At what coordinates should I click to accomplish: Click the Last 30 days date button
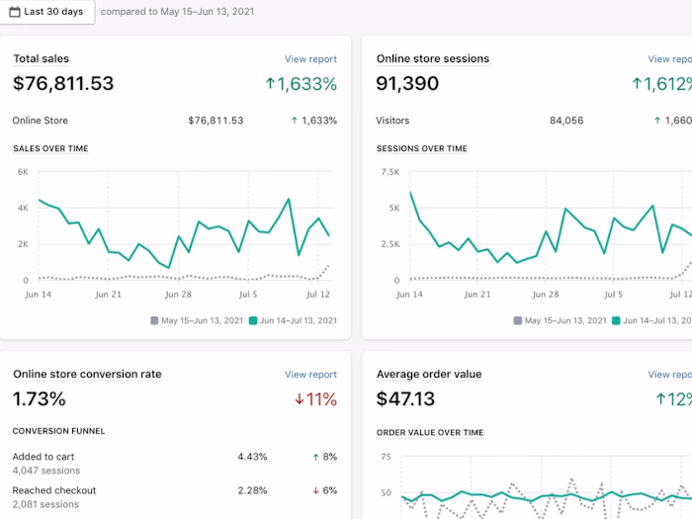[x=46, y=11]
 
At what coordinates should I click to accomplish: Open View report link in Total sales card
[x=310, y=59]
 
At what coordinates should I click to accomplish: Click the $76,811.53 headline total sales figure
[x=63, y=84]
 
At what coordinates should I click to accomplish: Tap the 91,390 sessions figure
[x=407, y=84]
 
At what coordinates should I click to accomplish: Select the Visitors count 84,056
[x=565, y=121]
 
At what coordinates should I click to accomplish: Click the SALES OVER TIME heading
[x=50, y=149]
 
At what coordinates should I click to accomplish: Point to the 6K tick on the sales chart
[x=22, y=172]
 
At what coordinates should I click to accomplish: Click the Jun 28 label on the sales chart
[x=178, y=295]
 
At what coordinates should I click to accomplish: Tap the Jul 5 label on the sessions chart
[x=614, y=295]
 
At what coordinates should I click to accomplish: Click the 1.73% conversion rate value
[x=40, y=399]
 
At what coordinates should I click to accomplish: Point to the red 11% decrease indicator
[x=316, y=399]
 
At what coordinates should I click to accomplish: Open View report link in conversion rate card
[x=310, y=375]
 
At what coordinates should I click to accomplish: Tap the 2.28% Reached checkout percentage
[x=252, y=490]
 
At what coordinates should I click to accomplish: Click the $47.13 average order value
[x=406, y=399]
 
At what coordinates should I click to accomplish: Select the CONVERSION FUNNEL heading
[x=58, y=431]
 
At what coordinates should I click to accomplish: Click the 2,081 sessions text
[x=46, y=504]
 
